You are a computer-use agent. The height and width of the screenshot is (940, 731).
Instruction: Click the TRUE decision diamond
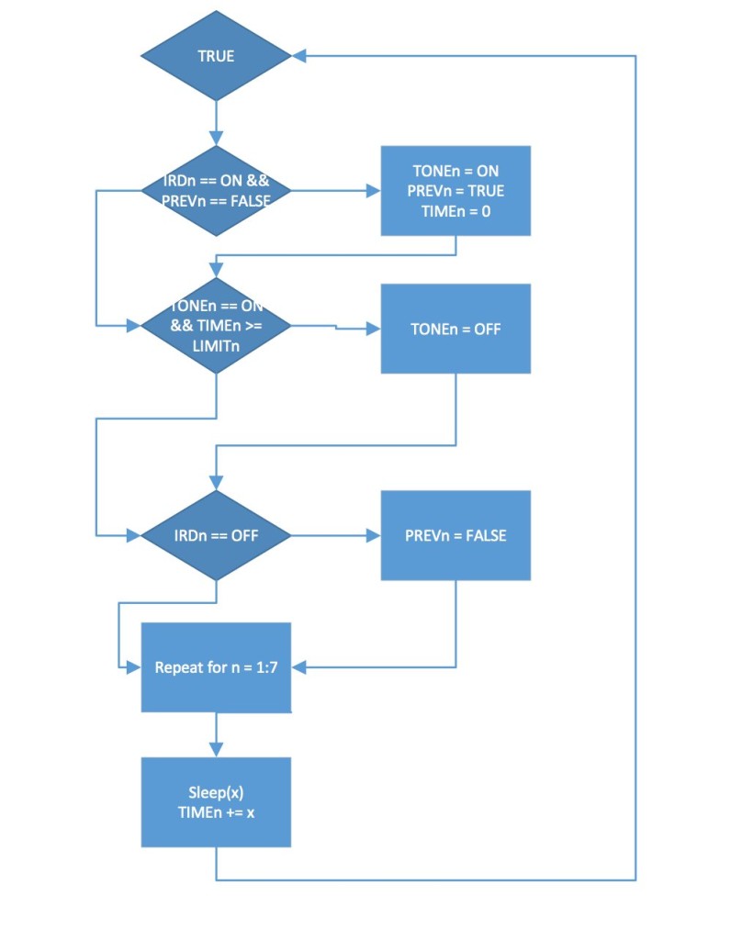pos(216,56)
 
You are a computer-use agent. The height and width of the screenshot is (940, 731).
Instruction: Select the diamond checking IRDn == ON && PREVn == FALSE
pos(216,191)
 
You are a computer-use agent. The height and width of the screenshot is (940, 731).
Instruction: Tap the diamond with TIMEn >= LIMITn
pos(216,325)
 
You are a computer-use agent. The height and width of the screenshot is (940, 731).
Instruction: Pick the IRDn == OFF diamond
pos(216,535)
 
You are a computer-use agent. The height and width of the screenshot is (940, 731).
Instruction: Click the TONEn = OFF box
pos(455,329)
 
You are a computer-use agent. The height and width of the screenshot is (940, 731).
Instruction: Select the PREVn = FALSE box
pos(455,535)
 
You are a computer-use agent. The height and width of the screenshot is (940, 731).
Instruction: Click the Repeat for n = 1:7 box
pos(216,667)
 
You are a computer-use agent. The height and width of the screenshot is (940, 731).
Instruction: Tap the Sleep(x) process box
pos(216,801)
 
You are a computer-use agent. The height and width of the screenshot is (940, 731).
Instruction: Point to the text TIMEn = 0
pos(455,211)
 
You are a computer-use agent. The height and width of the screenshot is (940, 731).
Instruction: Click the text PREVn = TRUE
pos(455,191)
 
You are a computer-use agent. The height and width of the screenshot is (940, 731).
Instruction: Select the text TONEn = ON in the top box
pos(455,172)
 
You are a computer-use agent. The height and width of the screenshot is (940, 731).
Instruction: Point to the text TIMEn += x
pos(216,811)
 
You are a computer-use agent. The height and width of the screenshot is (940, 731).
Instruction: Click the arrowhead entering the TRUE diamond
pos(298,56)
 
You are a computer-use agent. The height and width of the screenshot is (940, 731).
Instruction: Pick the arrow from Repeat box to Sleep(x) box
pos(216,734)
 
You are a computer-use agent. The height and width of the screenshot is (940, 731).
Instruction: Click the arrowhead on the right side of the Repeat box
pos(298,667)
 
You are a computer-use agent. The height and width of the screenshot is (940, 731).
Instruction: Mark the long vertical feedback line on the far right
pos(635,459)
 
